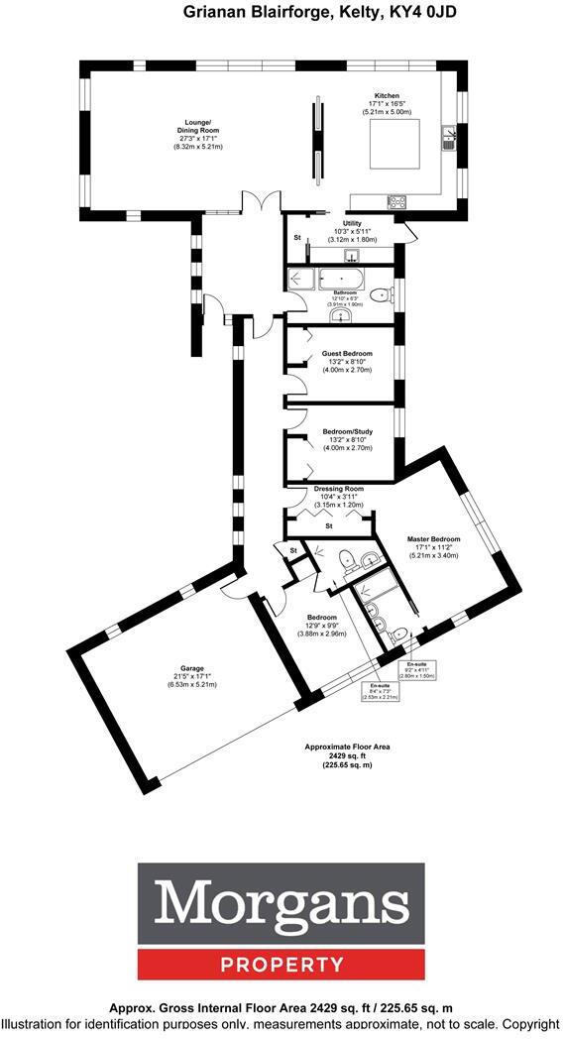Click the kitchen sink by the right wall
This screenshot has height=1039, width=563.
(449, 137)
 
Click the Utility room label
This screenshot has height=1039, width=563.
(353, 224)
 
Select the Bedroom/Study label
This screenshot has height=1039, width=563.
(346, 432)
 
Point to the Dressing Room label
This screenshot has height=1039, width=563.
(339, 489)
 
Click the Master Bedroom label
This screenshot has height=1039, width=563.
(433, 539)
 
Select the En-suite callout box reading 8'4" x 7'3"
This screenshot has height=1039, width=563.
(379, 691)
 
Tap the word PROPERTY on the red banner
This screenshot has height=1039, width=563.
(281, 964)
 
